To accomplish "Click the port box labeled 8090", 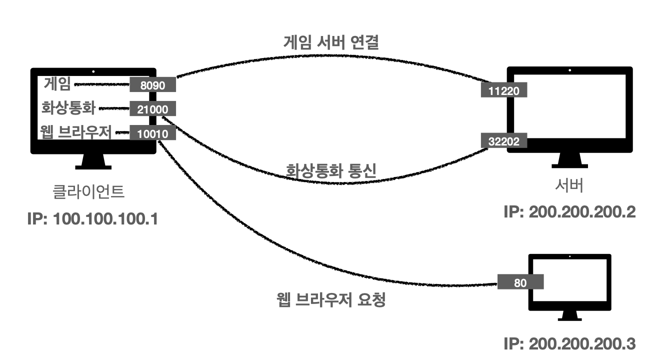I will [153, 85].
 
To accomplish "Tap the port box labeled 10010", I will [152, 133].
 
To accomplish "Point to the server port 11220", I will [504, 91].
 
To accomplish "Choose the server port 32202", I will [504, 140].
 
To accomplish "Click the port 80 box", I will [520, 281].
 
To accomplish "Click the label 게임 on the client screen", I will [57, 83].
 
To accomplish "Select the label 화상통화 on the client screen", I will [68, 108].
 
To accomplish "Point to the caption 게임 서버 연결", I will [330, 42].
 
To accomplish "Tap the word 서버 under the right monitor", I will [569, 186].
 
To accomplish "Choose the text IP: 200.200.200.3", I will [569, 344].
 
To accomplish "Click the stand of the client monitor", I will [93, 161].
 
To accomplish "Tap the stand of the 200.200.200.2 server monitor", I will [569, 160].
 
